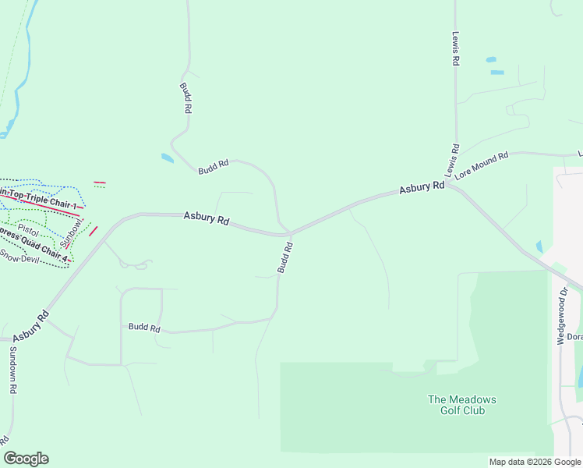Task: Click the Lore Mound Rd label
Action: point(482,165)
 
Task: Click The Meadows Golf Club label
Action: point(461,405)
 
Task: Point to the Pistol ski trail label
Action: point(28,232)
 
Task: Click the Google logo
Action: point(26,459)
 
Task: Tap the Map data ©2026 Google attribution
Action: point(534,462)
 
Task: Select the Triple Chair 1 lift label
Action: point(39,197)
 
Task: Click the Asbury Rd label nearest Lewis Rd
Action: point(422,187)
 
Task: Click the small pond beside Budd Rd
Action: point(166,158)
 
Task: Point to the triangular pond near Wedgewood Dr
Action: point(539,246)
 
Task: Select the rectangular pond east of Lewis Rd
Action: point(496,73)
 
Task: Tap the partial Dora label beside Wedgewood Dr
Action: point(574,337)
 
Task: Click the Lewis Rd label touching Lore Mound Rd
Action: point(452,159)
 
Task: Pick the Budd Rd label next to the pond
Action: point(213,165)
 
